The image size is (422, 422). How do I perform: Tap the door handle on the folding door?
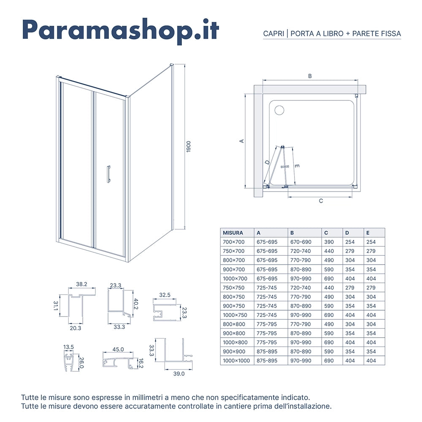tap(108, 174)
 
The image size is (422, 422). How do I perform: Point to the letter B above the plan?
tap(310, 76)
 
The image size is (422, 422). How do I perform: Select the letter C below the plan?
tap(321, 201)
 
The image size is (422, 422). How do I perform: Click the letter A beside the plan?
tap(242, 141)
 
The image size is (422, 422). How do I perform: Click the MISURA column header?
tap(233, 233)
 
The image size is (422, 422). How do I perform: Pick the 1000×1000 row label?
tap(236, 361)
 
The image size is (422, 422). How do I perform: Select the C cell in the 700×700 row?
tap(329, 242)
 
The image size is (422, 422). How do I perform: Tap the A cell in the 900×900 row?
tap(267, 352)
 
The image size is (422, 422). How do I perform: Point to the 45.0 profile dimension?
tap(118, 349)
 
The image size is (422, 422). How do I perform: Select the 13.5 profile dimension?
tap(68, 347)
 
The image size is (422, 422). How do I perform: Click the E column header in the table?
tap(368, 233)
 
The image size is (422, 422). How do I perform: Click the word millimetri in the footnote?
tap(174, 398)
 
